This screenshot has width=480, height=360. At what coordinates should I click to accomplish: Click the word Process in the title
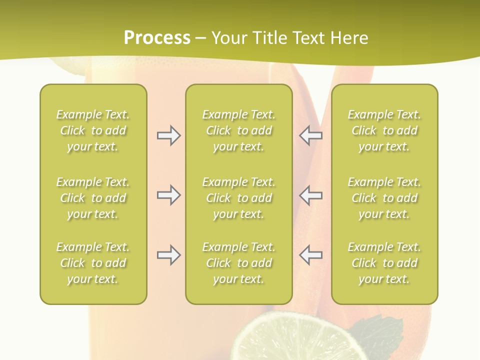157,38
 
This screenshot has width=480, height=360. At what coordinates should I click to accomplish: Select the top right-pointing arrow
168,135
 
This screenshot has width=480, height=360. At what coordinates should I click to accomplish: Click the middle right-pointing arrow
168,195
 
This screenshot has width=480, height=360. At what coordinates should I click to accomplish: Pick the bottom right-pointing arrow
168,255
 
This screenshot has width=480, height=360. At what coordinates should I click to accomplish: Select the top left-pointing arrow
310,135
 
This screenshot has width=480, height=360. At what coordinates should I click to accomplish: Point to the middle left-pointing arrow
310,195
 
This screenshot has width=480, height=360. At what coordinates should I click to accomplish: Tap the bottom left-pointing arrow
310,255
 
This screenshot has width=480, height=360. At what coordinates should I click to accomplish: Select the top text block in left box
93,130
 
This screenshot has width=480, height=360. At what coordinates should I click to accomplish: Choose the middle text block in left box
93,198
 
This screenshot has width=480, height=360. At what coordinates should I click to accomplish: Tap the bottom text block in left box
93,263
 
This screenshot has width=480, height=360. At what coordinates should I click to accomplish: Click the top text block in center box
238,130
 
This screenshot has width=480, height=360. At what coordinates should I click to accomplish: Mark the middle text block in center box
238,198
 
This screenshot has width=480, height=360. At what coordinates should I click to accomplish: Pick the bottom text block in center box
238,263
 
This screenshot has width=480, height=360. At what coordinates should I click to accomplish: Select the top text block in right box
384,130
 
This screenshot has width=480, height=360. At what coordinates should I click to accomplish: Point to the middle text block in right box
384,198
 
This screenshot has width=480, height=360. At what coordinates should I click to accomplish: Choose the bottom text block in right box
384,263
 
